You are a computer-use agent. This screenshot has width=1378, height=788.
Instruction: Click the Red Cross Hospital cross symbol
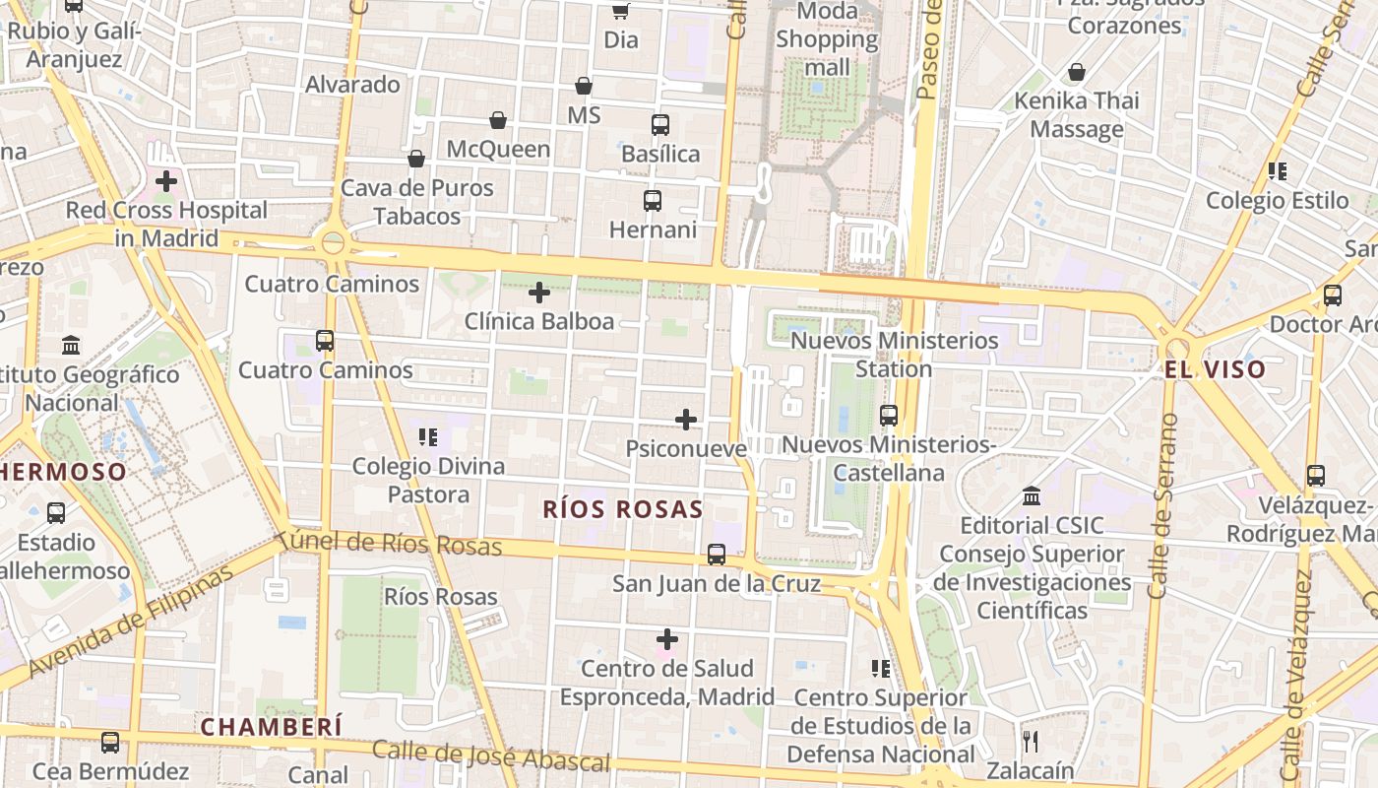pyautogui.click(x=166, y=181)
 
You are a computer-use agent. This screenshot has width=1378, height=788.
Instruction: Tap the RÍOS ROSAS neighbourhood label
pyautogui.click(x=623, y=509)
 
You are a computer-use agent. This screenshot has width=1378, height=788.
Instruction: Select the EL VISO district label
pyautogui.click(x=1215, y=370)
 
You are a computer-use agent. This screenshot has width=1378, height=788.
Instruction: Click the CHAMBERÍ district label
pyautogui.click(x=272, y=727)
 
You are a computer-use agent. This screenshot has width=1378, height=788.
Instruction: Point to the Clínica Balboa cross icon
pyautogui.click(x=539, y=293)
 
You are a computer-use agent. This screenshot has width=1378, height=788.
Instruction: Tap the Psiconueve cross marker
pyautogui.click(x=686, y=421)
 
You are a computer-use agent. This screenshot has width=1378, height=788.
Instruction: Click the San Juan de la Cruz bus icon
pyautogui.click(x=717, y=555)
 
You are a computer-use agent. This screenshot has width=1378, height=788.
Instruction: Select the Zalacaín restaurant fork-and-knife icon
pyautogui.click(x=1031, y=741)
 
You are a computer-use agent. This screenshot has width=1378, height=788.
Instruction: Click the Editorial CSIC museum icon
pyautogui.click(x=1032, y=495)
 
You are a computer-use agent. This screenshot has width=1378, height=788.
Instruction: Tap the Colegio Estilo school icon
pyautogui.click(x=1278, y=171)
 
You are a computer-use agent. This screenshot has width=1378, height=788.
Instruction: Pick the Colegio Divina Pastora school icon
pyautogui.click(x=428, y=436)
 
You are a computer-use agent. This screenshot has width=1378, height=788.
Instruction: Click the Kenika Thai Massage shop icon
pyautogui.click(x=1077, y=72)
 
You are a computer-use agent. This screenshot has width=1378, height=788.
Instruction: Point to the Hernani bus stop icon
pyautogui.click(x=653, y=201)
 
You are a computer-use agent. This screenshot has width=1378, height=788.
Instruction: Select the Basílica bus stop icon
pyautogui.click(x=660, y=125)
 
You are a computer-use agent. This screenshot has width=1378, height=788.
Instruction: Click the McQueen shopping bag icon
pyautogui.click(x=498, y=120)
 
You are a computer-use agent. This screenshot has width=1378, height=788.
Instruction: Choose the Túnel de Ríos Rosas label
pyautogui.click(x=390, y=543)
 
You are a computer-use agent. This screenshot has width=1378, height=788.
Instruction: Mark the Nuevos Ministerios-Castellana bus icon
pyautogui.click(x=889, y=416)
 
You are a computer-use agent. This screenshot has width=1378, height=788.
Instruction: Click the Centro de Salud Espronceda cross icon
pyautogui.click(x=667, y=640)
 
